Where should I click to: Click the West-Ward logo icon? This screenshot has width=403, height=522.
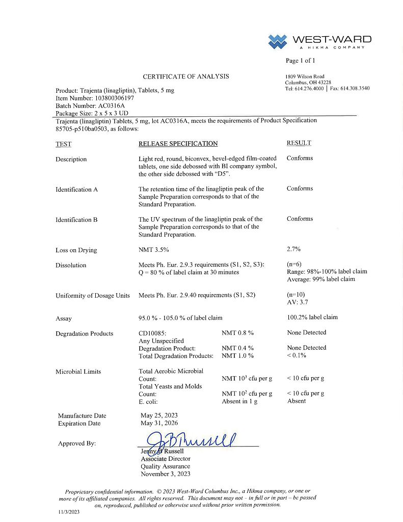278,41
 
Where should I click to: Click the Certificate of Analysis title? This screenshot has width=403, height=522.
185,76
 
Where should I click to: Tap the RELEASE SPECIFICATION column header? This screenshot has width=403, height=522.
178,144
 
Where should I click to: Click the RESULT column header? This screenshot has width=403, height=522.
299,143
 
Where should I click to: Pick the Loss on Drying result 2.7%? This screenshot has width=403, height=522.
294,249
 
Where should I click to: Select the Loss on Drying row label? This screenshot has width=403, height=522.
76,250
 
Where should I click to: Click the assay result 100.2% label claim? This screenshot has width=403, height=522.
312,317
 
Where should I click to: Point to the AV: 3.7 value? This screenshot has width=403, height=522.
298,302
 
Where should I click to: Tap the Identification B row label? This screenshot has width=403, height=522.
76,220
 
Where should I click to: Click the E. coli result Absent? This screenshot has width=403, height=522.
297,401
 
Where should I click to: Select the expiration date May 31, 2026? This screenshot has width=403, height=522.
159,423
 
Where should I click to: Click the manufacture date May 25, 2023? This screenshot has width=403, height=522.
159,415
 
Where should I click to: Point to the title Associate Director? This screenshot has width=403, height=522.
166,459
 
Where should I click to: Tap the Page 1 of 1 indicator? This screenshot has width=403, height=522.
301,61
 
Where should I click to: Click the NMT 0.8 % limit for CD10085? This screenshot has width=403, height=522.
237,332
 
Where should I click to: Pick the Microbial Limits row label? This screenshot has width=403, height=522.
78,372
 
